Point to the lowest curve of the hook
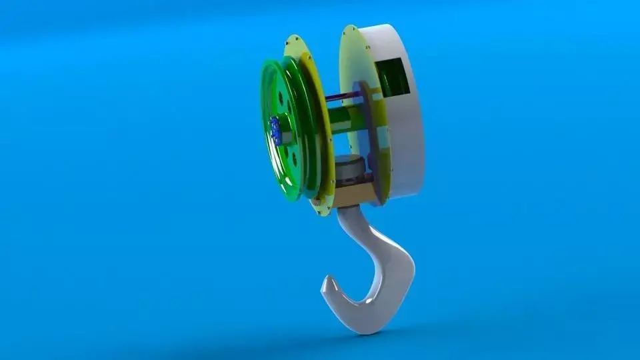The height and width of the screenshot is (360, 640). [x=363, y=327]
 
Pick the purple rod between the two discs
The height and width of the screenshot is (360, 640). [x=343, y=100]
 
